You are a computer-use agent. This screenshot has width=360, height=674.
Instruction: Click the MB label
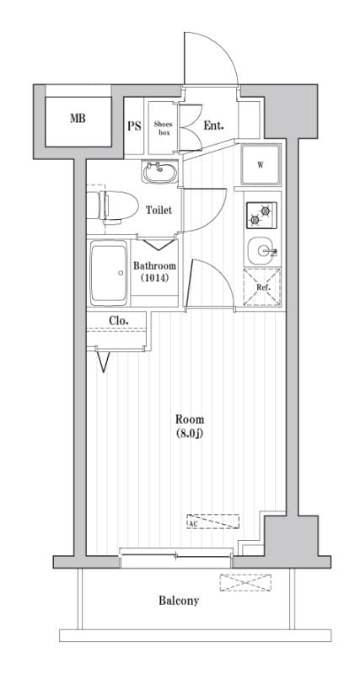[x=78, y=120]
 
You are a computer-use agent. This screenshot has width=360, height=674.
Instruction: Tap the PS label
[x=133, y=126]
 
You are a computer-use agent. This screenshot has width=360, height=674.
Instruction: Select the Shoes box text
[x=163, y=126]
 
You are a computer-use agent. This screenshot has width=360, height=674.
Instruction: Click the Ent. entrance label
[x=213, y=126]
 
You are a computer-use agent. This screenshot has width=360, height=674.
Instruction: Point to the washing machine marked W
[x=261, y=164]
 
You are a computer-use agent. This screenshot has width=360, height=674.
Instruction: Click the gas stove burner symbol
[x=261, y=215]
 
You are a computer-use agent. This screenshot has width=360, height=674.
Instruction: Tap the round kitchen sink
[x=262, y=249]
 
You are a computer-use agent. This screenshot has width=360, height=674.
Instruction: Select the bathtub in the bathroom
[x=108, y=275]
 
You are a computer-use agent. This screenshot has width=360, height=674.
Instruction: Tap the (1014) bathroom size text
[x=154, y=278]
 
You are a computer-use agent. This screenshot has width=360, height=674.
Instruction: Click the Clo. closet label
[x=118, y=320]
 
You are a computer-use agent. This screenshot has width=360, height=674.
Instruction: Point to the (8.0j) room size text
[x=189, y=434]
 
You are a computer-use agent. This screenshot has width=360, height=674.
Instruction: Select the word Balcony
[x=178, y=601]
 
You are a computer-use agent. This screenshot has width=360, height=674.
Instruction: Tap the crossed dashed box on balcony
[x=246, y=581]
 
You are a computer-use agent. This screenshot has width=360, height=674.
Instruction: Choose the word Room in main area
[x=189, y=420]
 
